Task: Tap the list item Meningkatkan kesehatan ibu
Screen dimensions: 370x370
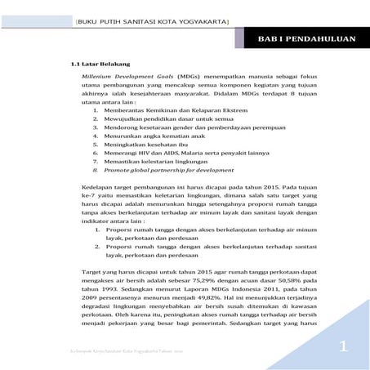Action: pos(141,151)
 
